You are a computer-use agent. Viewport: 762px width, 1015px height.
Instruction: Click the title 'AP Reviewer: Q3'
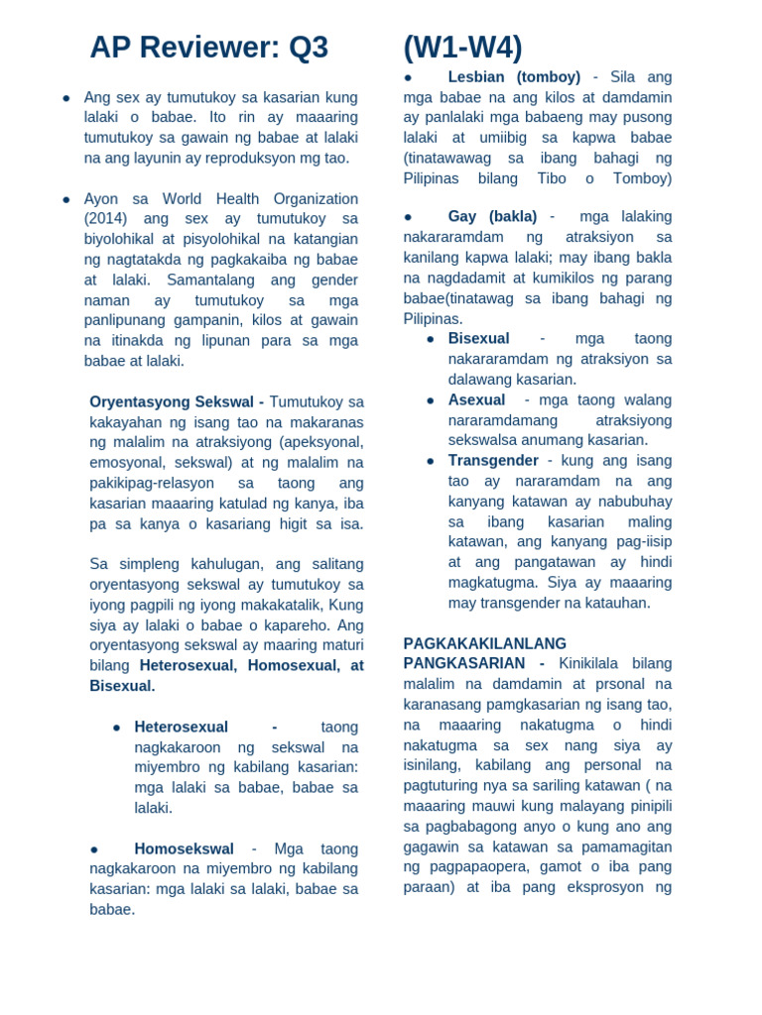point(208,48)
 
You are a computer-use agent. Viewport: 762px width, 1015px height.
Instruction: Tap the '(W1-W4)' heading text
point(462,48)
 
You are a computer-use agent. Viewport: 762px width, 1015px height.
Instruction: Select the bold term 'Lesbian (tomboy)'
point(514,77)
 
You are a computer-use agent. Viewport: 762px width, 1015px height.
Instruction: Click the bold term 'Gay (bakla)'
point(492,216)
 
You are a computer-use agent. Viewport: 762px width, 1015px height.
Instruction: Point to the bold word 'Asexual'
point(476,399)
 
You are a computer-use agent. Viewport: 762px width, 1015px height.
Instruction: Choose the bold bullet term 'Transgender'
point(493,460)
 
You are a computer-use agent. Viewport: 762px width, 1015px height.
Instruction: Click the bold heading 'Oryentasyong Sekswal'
point(174,401)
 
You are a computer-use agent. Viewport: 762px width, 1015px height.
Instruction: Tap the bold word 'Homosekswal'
point(184,848)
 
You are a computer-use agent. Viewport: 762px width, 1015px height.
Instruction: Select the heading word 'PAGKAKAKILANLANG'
point(484,643)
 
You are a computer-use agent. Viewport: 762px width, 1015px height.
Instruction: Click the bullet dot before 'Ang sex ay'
point(66,98)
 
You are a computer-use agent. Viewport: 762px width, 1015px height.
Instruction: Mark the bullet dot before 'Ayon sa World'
point(66,199)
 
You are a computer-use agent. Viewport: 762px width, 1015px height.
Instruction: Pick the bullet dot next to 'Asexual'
point(431,400)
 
